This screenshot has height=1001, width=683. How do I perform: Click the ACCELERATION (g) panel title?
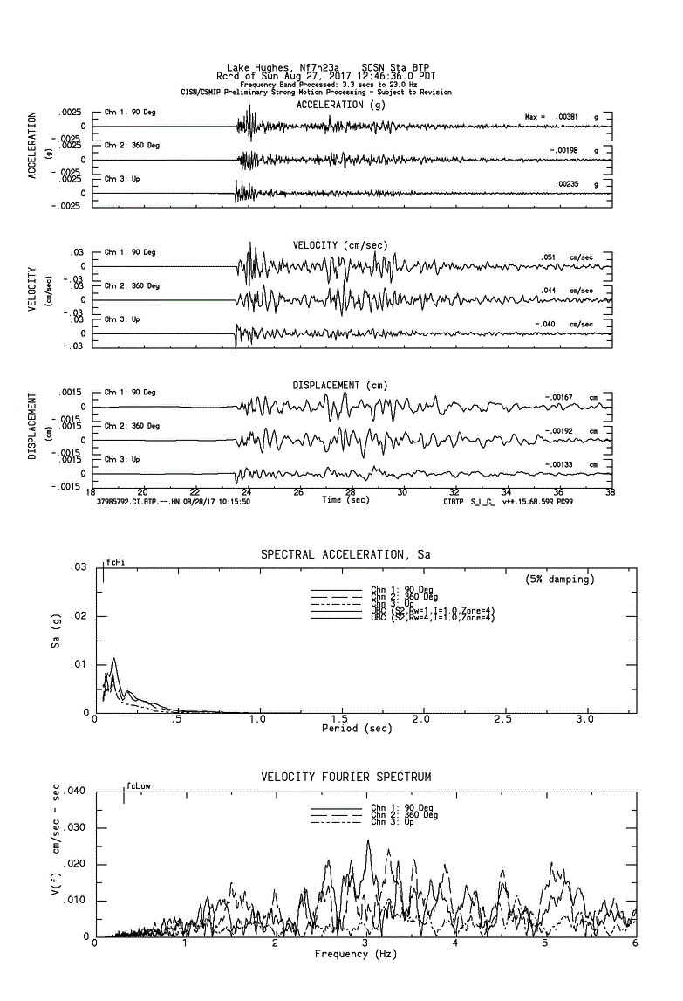[x=340, y=105]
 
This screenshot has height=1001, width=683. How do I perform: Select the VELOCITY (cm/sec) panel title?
[x=340, y=245]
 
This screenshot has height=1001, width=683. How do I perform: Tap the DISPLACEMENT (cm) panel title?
[x=340, y=385]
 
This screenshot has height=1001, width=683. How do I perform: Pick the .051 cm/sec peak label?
[x=549, y=257]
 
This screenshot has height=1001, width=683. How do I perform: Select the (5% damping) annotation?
[x=560, y=579]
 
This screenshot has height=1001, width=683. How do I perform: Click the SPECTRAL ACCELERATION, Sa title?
[x=345, y=554]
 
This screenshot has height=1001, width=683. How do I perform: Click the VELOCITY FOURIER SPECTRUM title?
[x=346, y=777]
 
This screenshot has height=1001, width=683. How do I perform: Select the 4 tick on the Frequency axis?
[x=454, y=943]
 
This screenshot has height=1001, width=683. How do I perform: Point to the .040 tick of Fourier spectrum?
[x=75, y=792]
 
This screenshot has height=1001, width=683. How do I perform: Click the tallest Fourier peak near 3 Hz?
[x=368, y=841]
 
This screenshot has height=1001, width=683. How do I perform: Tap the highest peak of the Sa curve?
[x=113, y=659]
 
